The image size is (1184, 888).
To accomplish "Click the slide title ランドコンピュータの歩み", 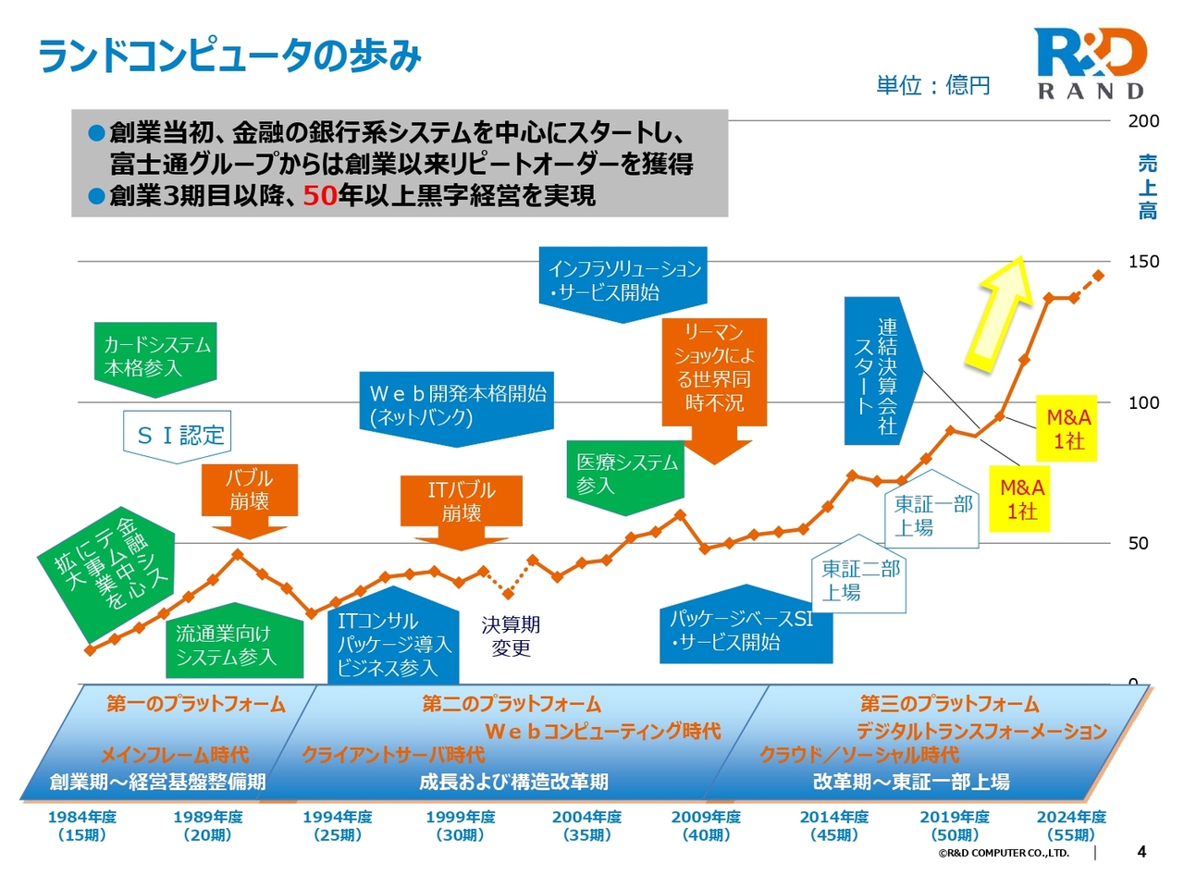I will (229, 55).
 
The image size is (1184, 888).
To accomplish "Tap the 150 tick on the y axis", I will (1143, 262).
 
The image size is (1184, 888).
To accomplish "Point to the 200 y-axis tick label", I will (1143, 121).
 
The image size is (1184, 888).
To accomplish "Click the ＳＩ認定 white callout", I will (179, 435).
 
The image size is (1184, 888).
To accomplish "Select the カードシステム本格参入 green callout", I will (155, 356).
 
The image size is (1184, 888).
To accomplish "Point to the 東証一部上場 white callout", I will (932, 516).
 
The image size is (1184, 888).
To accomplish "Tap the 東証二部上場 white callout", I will (859, 580).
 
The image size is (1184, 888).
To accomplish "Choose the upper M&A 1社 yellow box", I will (1068, 429).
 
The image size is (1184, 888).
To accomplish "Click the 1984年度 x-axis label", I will (82, 825).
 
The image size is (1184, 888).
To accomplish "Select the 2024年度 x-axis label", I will (1071, 825).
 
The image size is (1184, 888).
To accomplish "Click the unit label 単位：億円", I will (932, 86).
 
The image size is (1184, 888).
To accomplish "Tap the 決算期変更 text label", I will (511, 636).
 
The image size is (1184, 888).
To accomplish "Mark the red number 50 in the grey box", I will (319, 195).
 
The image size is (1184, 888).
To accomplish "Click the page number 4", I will (1141, 852).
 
